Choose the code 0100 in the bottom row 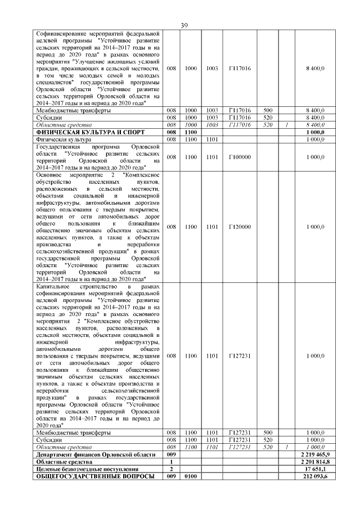(191, 476)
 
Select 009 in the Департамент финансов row (172, 453)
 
